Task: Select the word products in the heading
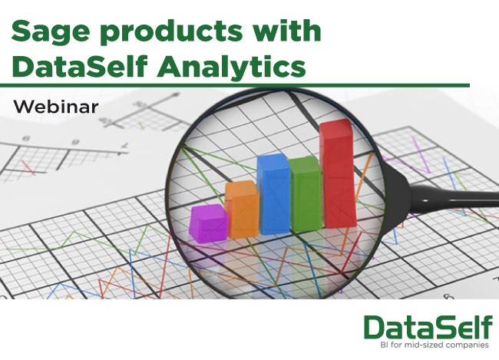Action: point(171,32)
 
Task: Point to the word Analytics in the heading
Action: point(231,67)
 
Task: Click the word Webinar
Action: point(56,107)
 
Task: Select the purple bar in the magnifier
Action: point(208,223)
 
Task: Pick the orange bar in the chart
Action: point(242,210)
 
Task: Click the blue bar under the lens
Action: point(274,194)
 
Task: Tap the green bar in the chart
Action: point(306,194)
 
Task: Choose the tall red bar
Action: point(337,173)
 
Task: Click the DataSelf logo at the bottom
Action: point(428,328)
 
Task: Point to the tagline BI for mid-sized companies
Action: point(435,345)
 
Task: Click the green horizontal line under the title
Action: point(235,85)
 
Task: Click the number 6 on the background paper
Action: point(27,138)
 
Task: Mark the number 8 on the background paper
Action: point(75,141)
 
